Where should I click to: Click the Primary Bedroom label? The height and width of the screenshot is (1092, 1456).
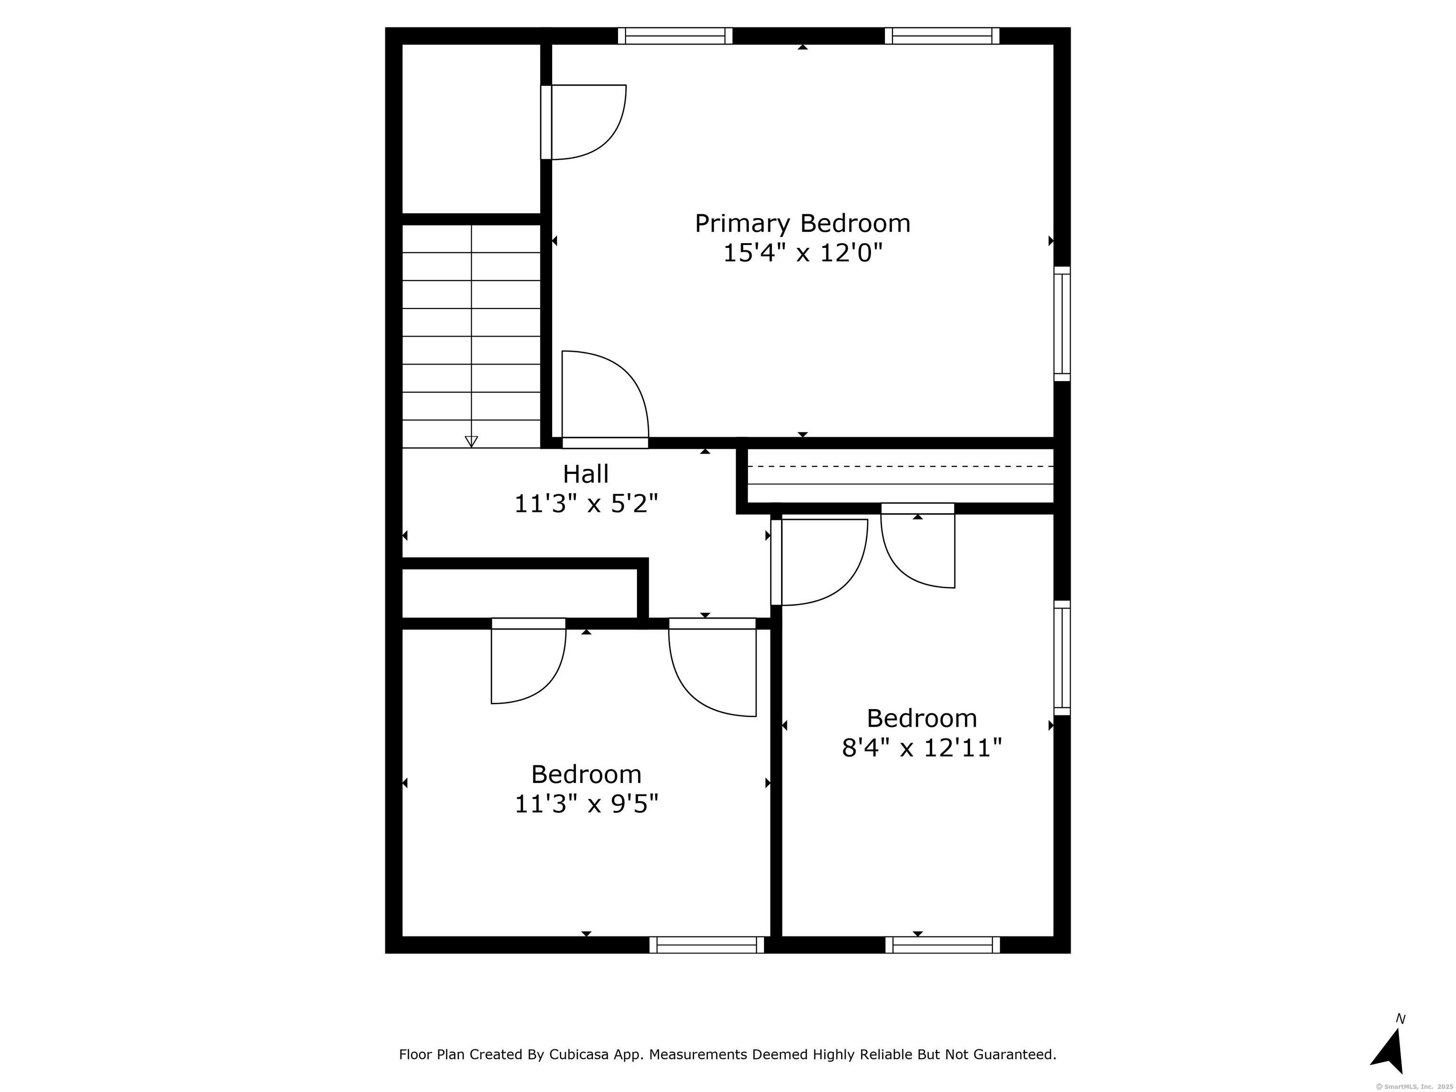[x=802, y=224]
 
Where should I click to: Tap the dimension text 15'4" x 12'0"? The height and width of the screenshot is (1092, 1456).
[x=802, y=253]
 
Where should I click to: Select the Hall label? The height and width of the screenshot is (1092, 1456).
[x=586, y=474]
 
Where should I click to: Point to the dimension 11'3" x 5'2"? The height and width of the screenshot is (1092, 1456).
[x=586, y=504]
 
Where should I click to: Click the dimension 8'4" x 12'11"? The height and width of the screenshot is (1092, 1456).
[x=921, y=748]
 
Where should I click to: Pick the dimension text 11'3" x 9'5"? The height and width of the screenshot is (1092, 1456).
[x=586, y=804]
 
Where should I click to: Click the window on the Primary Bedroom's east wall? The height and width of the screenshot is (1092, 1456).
[x=1062, y=324]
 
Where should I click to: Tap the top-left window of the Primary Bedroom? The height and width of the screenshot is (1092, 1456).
[x=675, y=36]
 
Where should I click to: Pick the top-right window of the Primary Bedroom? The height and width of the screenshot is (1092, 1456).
[x=942, y=36]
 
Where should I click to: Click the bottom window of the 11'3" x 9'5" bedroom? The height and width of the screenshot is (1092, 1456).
[x=707, y=945]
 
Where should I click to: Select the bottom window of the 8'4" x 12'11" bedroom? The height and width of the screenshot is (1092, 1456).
[x=943, y=945]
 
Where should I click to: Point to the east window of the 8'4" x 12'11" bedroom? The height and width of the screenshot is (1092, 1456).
[x=1062, y=657]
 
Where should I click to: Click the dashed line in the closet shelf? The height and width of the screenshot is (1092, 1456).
[x=901, y=466]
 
